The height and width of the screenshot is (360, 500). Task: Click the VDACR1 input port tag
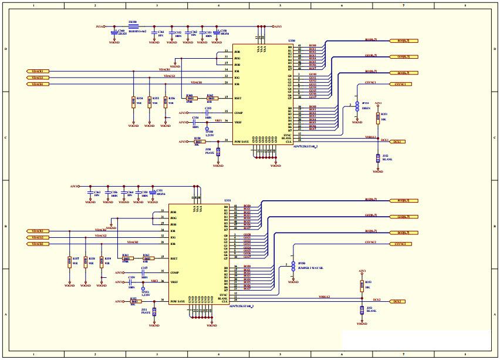(x=38, y=71)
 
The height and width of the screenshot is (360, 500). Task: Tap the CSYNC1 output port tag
(x=400, y=84)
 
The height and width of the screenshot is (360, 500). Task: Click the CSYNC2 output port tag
(x=400, y=244)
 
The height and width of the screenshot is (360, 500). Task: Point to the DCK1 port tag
(x=398, y=142)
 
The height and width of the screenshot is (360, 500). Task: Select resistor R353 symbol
(x=361, y=286)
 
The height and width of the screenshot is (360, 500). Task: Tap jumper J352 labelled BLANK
(x=378, y=157)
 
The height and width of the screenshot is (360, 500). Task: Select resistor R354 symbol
(x=133, y=102)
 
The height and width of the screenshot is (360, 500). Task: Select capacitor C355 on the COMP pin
(x=208, y=113)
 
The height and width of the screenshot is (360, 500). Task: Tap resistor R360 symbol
(x=191, y=98)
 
